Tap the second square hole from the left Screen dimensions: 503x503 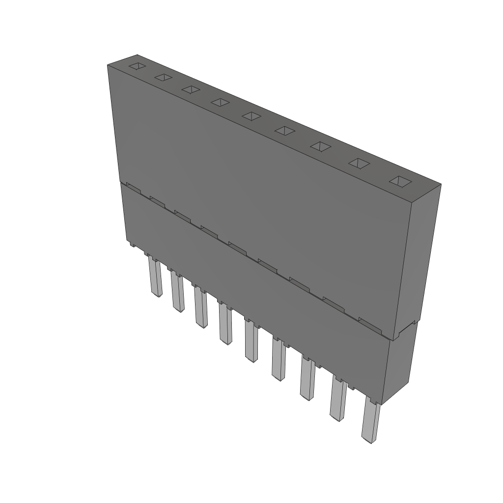click(x=164, y=78)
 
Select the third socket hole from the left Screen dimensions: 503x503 click(x=191, y=89)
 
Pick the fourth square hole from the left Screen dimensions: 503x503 click(x=221, y=102)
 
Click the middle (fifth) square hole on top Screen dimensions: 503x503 click(x=251, y=116)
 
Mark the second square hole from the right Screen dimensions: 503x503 click(x=359, y=163)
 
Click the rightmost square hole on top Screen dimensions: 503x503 click(x=400, y=181)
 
